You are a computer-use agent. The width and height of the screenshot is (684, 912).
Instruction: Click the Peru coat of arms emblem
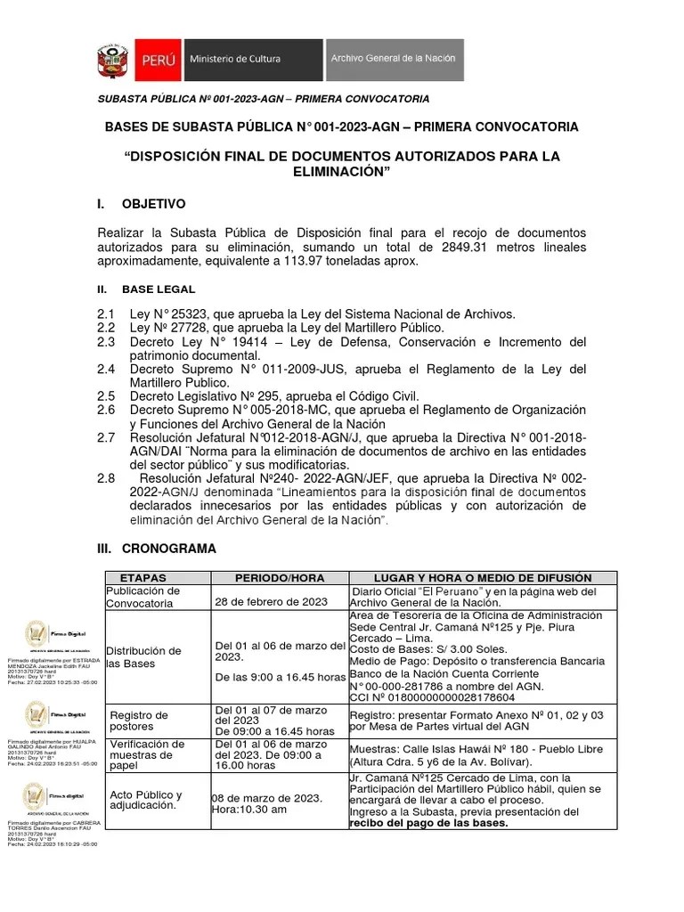coord(114,60)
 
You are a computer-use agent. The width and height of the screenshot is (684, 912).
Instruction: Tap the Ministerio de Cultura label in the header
coord(234,59)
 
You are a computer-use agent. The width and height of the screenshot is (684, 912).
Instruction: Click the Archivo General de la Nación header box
coord(393,59)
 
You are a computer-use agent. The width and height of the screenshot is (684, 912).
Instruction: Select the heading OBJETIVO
coord(153,204)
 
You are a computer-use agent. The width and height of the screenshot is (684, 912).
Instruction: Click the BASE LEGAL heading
coord(159,289)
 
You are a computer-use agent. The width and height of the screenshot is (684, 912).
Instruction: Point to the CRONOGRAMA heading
coord(168,549)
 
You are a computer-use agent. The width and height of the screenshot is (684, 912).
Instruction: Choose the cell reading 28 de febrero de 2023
coord(272,603)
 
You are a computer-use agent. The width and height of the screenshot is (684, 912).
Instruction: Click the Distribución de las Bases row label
coord(143,657)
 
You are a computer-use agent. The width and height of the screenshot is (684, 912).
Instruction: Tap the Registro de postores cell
coord(138,721)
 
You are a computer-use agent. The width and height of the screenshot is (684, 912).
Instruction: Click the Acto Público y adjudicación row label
coord(145,800)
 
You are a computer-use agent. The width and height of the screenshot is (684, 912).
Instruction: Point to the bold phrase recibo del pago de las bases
coord(428,823)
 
